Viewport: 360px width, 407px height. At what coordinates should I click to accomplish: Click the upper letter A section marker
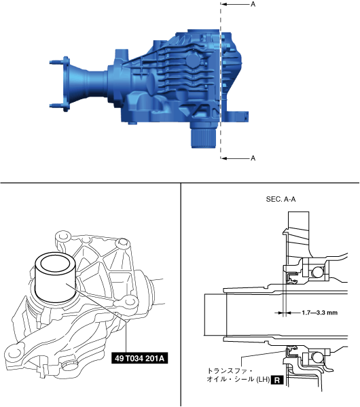(253, 4)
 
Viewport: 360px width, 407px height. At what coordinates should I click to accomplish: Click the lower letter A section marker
(253, 158)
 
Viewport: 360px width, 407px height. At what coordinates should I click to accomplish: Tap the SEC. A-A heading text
(281, 199)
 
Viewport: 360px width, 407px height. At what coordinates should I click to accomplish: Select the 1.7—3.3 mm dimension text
(319, 313)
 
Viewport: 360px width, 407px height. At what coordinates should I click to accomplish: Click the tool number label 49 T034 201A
(140, 359)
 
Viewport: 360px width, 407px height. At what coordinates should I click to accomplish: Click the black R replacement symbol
(277, 381)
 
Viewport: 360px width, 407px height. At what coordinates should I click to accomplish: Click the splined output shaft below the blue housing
(204, 137)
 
